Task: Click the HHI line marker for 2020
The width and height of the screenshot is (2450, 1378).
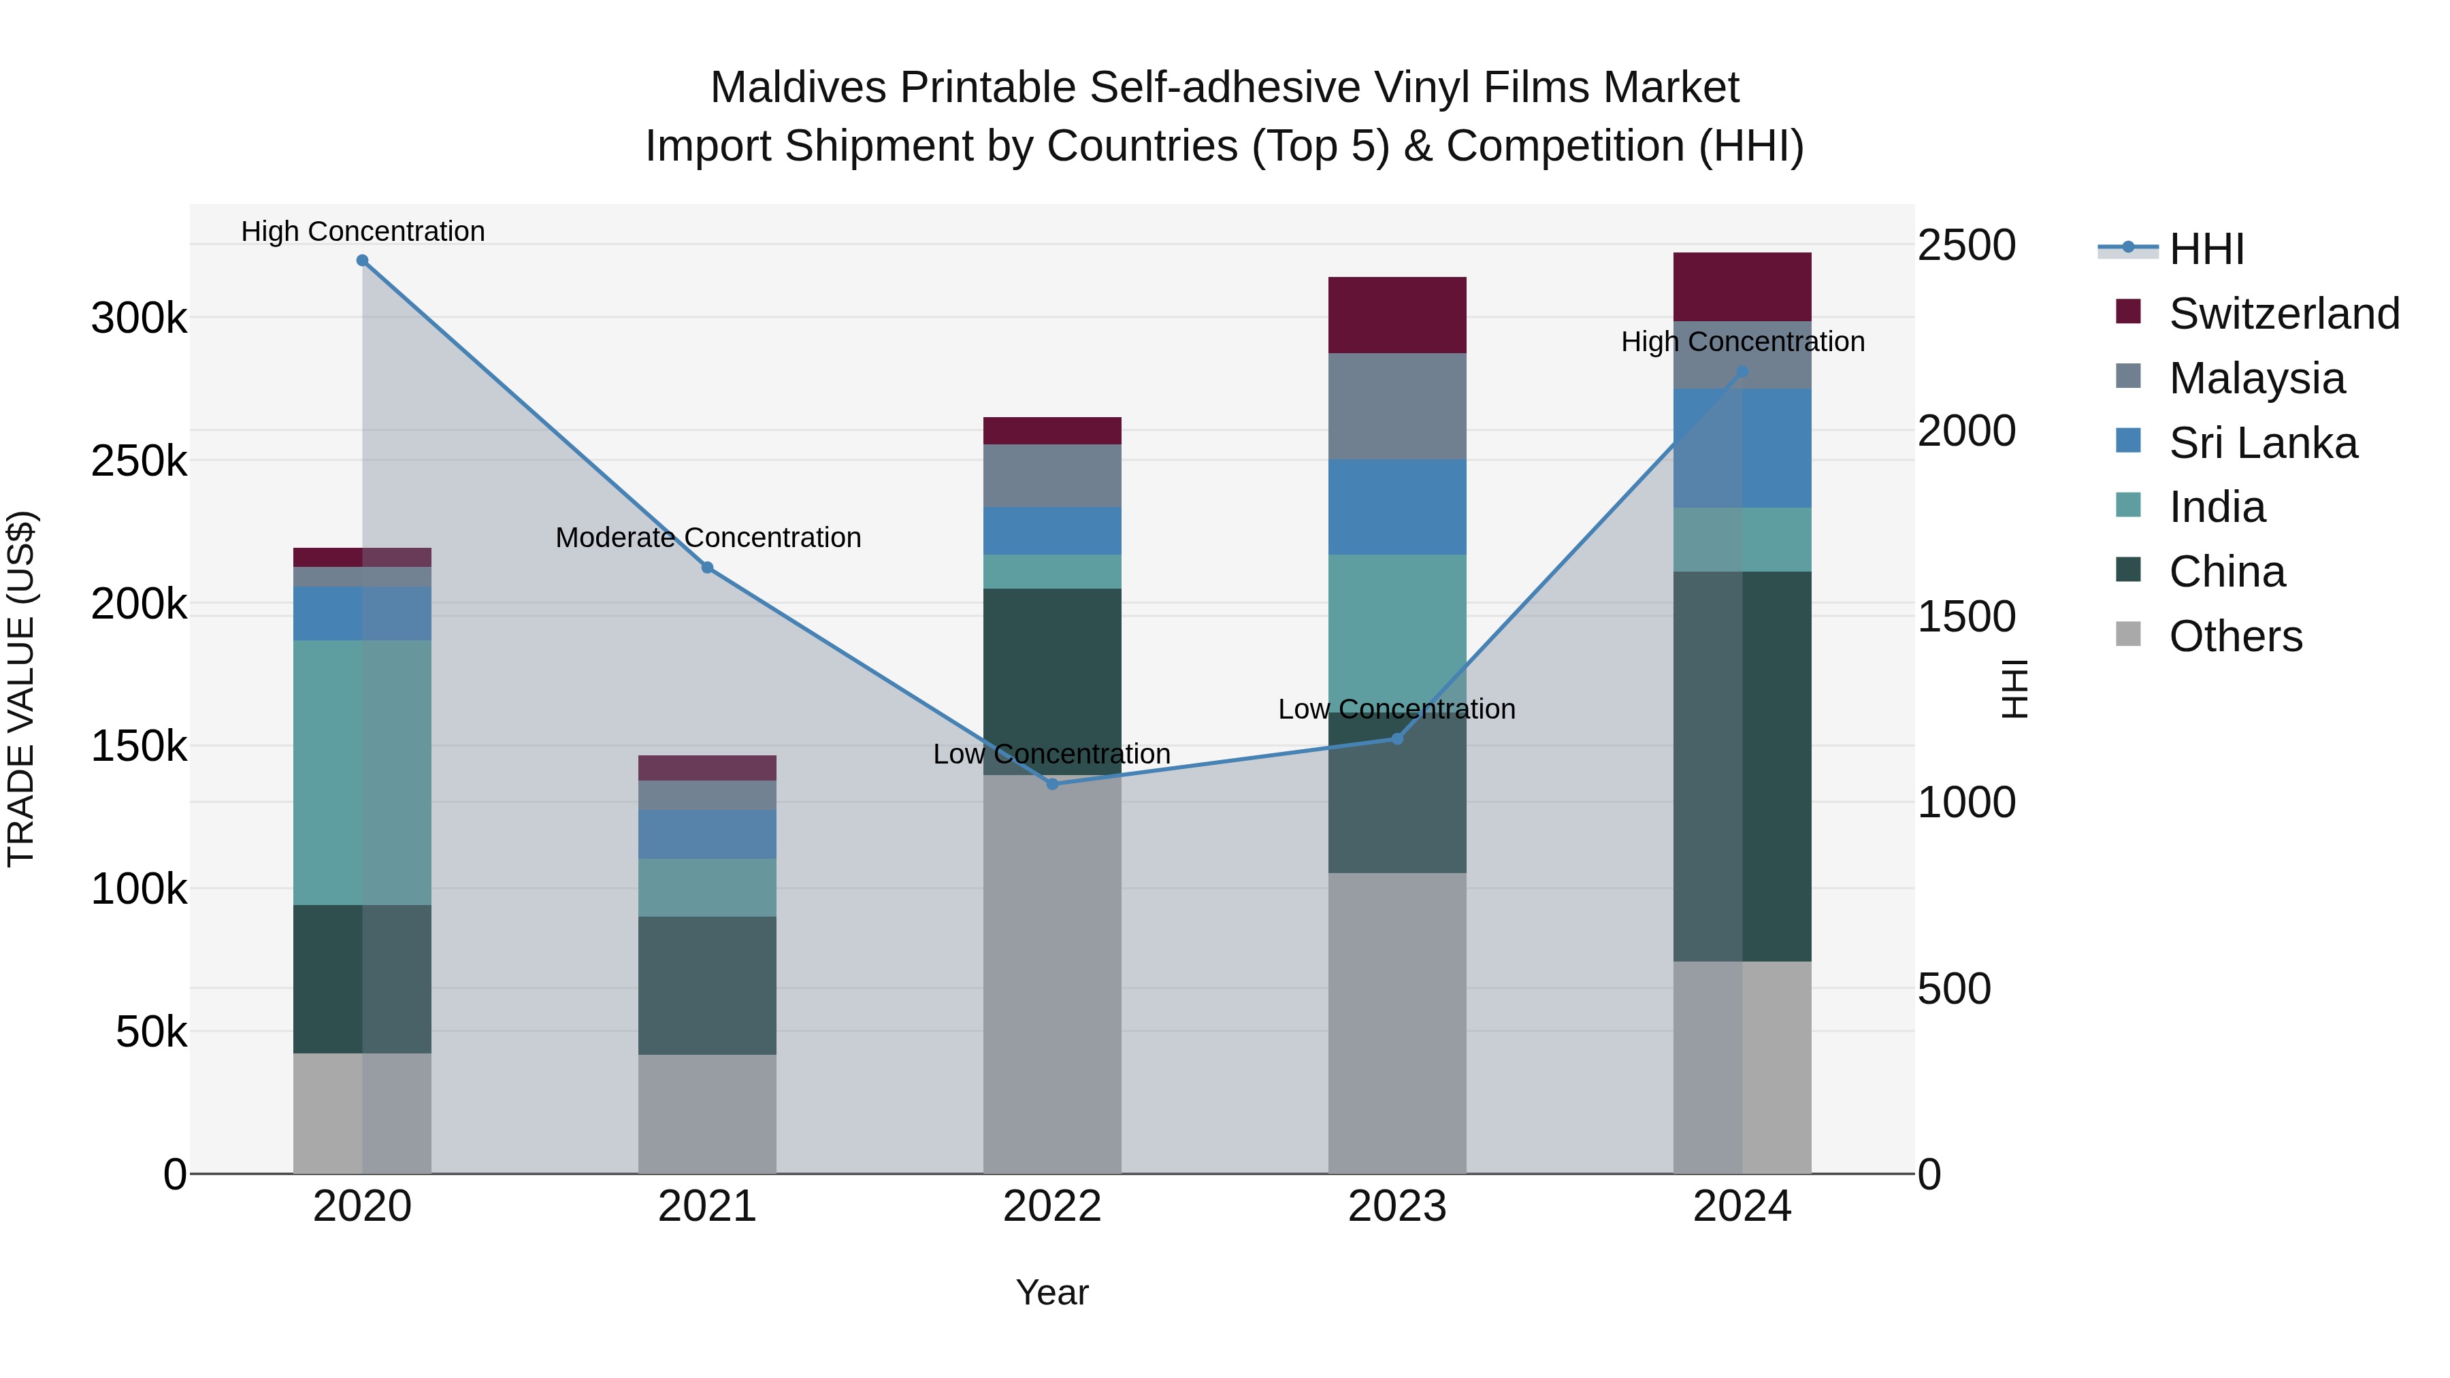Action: click(362, 261)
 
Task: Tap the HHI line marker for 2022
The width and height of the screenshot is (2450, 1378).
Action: click(1052, 785)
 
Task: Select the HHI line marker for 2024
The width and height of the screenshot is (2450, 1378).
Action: click(1742, 372)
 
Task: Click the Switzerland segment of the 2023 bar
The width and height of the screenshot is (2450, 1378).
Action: click(1397, 315)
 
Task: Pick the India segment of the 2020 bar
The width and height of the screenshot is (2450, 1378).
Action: click(362, 772)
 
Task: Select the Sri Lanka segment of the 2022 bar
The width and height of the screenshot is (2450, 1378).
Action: click(1052, 531)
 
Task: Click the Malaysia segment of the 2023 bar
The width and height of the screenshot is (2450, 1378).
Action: click(1397, 406)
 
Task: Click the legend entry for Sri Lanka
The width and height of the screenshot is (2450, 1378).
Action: click(2263, 443)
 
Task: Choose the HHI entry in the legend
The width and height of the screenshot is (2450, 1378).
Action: click(2206, 249)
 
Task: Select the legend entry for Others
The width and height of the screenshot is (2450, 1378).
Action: click(2235, 636)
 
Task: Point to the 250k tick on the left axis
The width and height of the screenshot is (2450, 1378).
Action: click(139, 461)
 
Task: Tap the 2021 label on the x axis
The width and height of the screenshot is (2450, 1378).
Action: click(706, 1207)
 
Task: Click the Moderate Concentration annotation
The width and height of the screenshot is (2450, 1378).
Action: click(708, 538)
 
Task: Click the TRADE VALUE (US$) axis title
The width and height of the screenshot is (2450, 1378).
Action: click(22, 689)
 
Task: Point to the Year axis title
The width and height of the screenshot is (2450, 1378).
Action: click(1052, 1292)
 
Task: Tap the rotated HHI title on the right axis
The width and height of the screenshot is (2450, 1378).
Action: click(2014, 689)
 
